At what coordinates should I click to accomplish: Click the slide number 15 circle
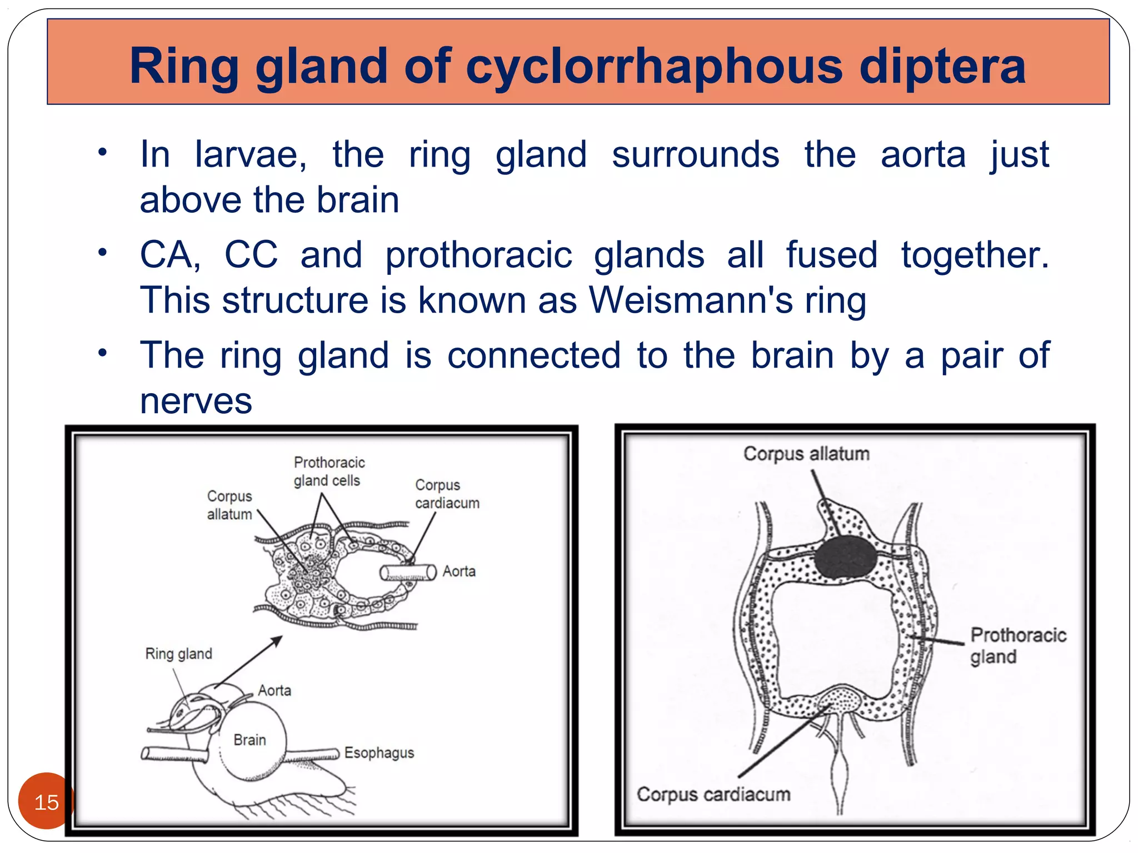[46, 801]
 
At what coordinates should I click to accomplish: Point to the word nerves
[196, 401]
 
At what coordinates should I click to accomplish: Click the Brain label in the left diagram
[249, 740]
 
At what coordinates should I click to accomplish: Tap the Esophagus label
[379, 752]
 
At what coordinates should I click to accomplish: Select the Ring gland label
[178, 654]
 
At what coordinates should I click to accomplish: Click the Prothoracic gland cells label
[329, 471]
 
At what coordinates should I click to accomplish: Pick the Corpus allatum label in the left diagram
[229, 505]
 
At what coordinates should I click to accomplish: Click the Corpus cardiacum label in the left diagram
[447, 494]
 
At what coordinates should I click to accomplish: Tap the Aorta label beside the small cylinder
[459, 571]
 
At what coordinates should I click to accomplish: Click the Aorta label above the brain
[274, 690]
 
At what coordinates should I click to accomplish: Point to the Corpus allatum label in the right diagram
[806, 454]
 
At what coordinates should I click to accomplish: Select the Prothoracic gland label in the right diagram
[1018, 645]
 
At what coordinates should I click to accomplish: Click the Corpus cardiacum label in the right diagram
[713, 794]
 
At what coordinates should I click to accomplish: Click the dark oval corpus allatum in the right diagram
[845, 557]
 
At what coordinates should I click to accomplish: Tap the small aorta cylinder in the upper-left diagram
[408, 573]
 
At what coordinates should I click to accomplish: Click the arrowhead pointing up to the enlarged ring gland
[277, 641]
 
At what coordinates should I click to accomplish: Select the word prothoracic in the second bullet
[478, 255]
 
